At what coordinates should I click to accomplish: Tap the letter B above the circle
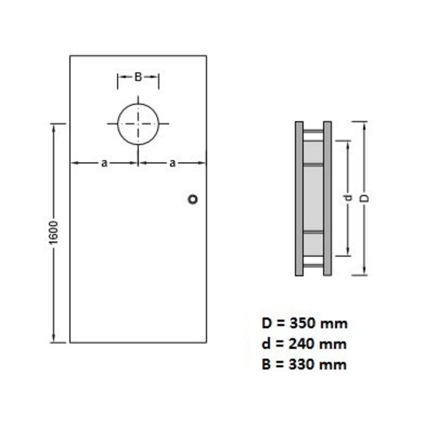138,76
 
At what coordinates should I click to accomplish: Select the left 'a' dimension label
104,162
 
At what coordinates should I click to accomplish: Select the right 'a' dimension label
172,162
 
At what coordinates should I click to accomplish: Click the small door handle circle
194,199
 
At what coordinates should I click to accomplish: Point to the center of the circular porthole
138,124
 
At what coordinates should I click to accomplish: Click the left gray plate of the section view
299,199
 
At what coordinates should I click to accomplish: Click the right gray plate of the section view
327,199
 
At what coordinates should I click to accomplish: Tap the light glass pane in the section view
313,199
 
